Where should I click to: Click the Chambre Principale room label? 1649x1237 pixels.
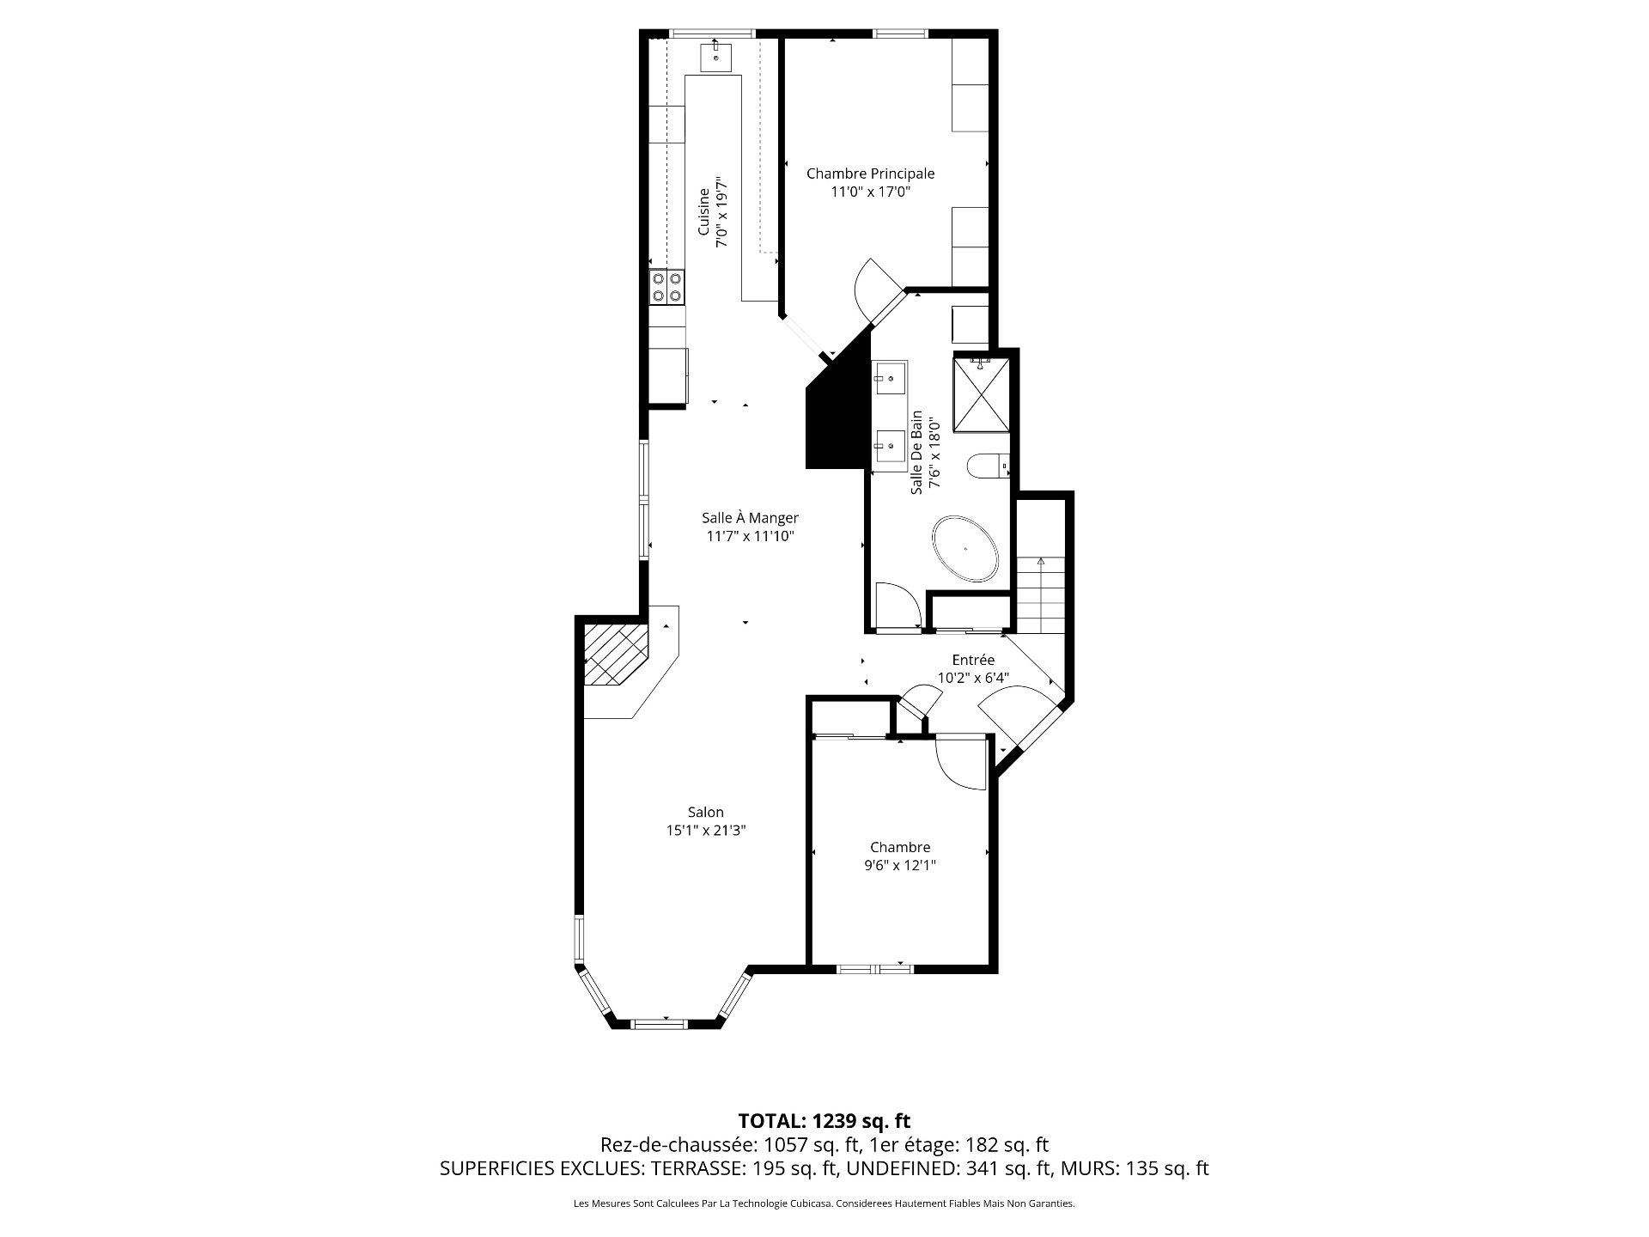[870, 174]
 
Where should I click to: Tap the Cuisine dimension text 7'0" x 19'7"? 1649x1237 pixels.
[722, 213]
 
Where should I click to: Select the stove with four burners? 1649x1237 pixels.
[667, 287]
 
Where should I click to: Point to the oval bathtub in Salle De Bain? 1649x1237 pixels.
[966, 550]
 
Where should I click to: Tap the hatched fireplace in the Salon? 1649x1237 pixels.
[615, 655]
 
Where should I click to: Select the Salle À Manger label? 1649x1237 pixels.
[750, 518]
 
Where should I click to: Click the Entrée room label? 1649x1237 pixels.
[973, 660]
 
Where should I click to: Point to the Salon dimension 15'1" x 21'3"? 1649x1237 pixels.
[706, 831]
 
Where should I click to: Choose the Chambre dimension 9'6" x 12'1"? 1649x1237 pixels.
[900, 866]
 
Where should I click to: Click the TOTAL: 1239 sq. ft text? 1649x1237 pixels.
[824, 1121]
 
